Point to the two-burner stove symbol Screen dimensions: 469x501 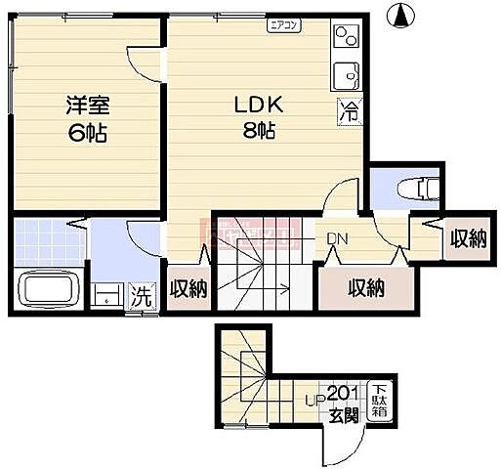[x=348, y=37]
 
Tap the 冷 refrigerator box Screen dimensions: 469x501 [x=349, y=111]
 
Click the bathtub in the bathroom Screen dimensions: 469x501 [x=48, y=291]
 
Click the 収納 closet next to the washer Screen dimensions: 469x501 [x=188, y=288]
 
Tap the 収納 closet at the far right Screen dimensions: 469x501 [x=468, y=237]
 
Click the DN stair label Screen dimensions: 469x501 [x=337, y=237]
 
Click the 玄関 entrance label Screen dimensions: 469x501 [x=343, y=415]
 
